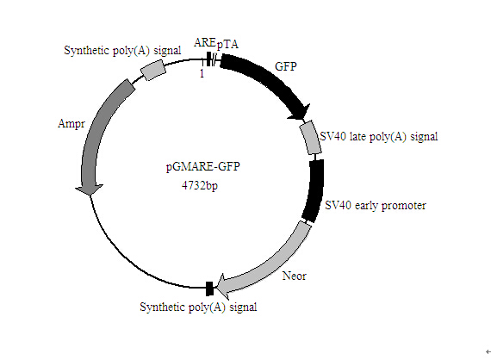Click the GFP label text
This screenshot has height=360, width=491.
click(286, 66)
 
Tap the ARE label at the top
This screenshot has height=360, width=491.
click(204, 42)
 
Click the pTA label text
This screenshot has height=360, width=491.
click(227, 44)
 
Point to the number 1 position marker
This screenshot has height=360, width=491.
click(202, 73)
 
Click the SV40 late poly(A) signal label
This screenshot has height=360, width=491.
click(378, 136)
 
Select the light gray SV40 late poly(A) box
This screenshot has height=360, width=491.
click(310, 138)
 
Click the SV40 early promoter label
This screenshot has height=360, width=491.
click(376, 205)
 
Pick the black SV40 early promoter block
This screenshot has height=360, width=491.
click(314, 191)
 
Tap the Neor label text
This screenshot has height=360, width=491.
click(294, 276)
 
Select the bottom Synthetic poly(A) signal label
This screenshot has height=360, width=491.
click(198, 307)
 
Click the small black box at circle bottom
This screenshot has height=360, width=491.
click(209, 289)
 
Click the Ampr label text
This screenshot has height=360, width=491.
click(71, 124)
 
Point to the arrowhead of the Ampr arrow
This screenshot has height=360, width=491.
click(90, 189)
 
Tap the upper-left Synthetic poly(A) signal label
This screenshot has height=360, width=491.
click(122, 50)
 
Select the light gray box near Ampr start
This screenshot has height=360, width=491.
click(152, 71)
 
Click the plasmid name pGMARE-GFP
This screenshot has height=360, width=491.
click(203, 166)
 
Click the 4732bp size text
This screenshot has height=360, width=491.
click(200, 185)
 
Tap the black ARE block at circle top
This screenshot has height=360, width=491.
click(208, 59)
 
